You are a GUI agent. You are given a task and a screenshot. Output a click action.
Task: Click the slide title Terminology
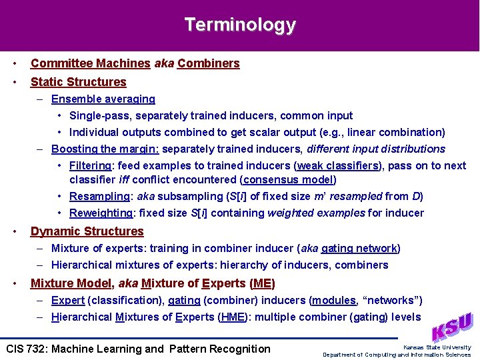pos(240,25)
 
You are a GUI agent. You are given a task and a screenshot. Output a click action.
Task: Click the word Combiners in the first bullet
pos(209,63)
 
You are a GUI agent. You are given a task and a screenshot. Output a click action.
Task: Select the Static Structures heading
pos(78,82)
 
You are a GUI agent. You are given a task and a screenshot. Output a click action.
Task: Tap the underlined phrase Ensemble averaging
pos(103,99)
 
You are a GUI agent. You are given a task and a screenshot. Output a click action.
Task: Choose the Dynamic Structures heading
pos(87,231)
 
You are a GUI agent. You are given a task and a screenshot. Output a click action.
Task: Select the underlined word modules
pos(334,300)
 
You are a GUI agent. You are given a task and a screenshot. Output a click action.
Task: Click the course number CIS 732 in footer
pos(27,349)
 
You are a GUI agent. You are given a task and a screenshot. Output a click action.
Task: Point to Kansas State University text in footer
pos(437,347)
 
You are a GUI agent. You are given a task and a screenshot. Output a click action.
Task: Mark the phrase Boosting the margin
pos(105,149)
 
